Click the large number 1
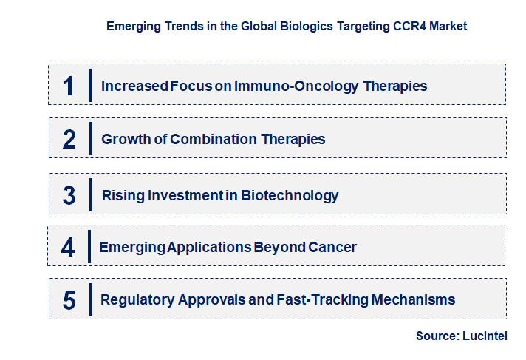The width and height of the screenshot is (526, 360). tap(69, 86)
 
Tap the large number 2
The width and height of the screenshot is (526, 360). tap(69, 139)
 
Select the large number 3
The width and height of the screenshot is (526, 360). tap(69, 195)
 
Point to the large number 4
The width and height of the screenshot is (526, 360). tap(68, 247)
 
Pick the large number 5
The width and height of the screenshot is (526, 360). tap(69, 300)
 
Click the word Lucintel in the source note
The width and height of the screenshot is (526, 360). tap(485, 336)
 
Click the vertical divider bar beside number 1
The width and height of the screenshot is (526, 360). tap(89, 85)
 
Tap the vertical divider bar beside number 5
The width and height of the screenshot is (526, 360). tap(89, 299)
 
